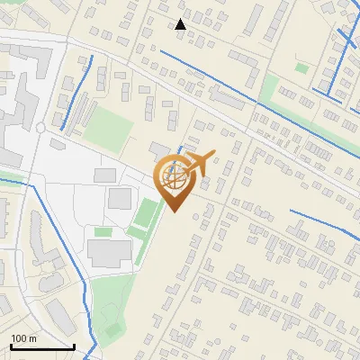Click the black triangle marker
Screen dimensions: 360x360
coord(181,24)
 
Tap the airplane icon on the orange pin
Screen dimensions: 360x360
coord(198,163)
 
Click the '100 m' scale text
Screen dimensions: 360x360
coord(24,338)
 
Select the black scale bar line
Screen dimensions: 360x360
coord(42,346)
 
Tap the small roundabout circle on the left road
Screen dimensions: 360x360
coord(40,129)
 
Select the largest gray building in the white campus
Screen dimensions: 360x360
coord(109,254)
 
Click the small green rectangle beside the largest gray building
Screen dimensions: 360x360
coord(103,232)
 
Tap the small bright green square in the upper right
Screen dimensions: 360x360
coord(301,67)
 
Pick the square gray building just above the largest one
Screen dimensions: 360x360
coord(120,199)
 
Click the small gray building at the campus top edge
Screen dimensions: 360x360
coord(105,174)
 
